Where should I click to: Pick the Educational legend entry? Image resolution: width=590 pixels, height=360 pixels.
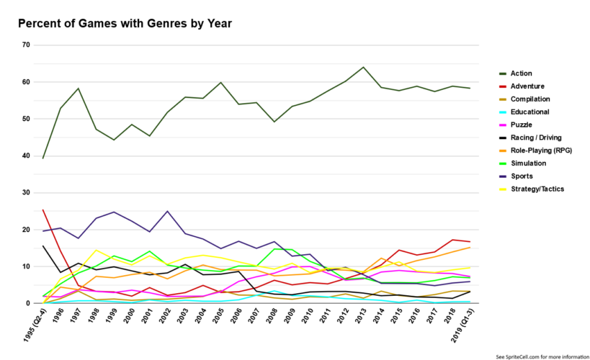click(x=529, y=112)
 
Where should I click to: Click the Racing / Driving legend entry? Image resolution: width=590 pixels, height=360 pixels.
click(x=536, y=138)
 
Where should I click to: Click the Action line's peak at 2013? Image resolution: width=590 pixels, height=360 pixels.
click(x=363, y=67)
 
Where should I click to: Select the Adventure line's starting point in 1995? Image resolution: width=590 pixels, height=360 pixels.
click(x=43, y=210)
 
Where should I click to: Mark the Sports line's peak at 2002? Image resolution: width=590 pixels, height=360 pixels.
click(x=168, y=212)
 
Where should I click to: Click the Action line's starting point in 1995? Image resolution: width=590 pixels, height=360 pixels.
click(x=43, y=158)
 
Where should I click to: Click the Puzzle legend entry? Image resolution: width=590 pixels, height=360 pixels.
click(x=521, y=125)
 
